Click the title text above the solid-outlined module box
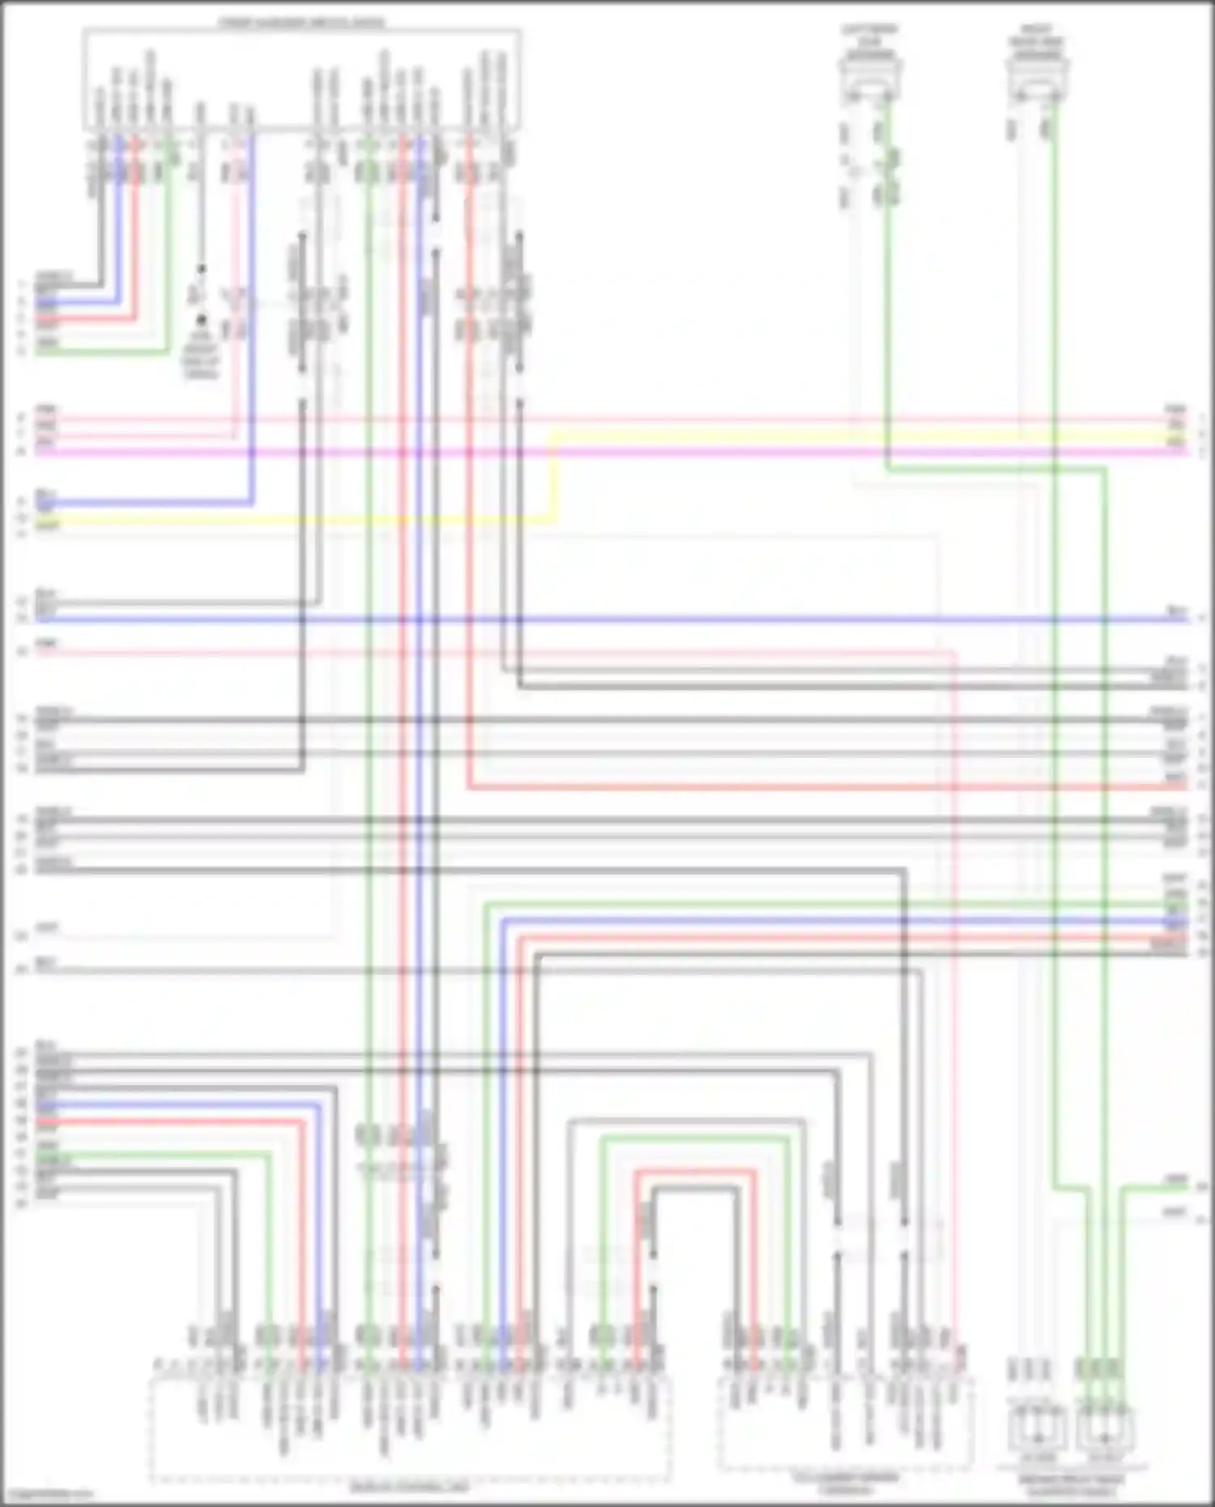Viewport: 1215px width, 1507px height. [x=301, y=23]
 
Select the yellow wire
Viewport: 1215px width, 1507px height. [x=810, y=436]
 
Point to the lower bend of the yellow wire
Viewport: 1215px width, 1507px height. [x=553, y=517]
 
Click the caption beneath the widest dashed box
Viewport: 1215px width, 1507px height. [x=409, y=1487]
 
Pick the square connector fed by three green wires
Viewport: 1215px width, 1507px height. [x=1105, y=1431]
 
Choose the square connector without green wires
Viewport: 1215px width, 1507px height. [x=1038, y=1431]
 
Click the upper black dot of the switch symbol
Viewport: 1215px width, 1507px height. [x=201, y=268]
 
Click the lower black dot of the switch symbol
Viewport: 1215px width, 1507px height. [x=201, y=320]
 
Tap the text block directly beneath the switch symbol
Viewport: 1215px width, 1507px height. [x=201, y=356]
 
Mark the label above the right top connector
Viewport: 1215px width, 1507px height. [x=1038, y=42]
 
